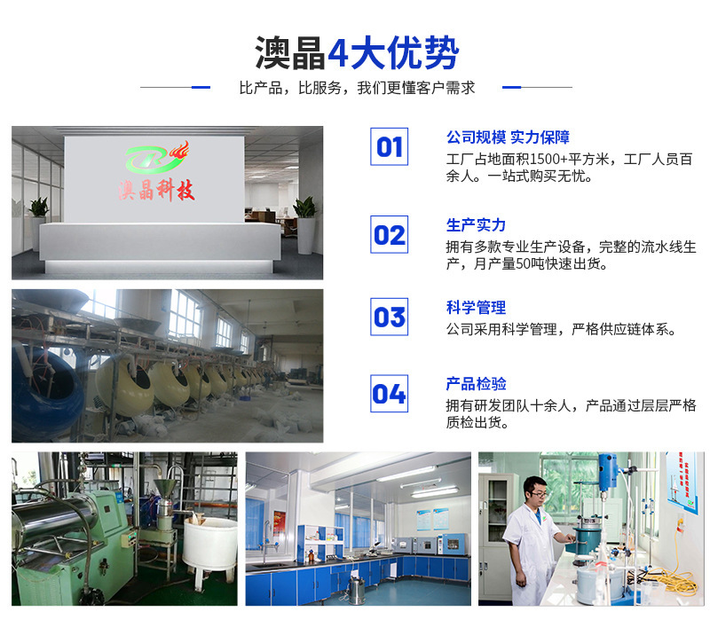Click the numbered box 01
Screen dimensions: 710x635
click(x=389, y=146)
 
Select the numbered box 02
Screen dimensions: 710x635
click(x=389, y=234)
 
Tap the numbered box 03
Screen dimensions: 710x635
click(x=389, y=317)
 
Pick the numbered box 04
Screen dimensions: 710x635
click(x=389, y=393)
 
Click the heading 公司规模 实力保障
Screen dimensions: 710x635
click(x=508, y=137)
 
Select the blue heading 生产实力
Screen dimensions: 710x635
click(x=476, y=225)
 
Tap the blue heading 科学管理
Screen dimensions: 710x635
click(x=476, y=308)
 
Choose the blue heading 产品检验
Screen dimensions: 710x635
click(x=476, y=384)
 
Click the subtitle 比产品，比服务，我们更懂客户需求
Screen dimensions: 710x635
click(x=357, y=88)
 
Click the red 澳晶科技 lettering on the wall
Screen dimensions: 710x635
click(x=157, y=190)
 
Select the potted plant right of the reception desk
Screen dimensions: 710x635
click(x=305, y=225)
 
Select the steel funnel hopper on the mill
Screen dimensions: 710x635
click(x=165, y=488)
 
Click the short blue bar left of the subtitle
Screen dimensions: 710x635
click(x=201, y=87)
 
